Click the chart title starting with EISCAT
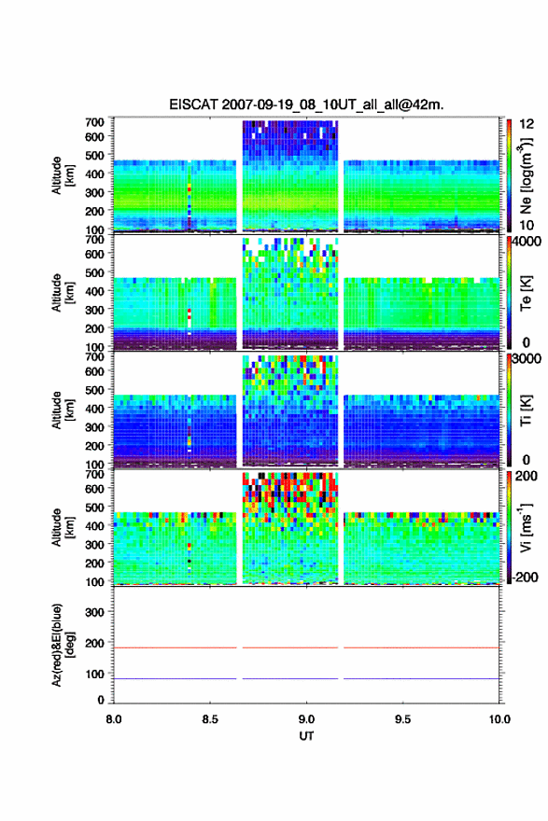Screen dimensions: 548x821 [x=306, y=104]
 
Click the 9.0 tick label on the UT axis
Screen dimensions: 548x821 [x=306, y=719]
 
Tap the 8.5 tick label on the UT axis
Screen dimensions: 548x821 [x=210, y=719]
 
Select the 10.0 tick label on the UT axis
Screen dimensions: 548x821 [x=499, y=719]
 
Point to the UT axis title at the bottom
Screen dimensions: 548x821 [x=306, y=736]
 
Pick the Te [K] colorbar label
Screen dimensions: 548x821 [x=526, y=293]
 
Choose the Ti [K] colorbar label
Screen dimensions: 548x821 [x=526, y=410]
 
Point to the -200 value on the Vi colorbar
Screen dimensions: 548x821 [x=523, y=577]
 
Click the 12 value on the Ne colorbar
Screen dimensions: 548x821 [x=527, y=124]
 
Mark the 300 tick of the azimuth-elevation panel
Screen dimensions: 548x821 [x=94, y=612]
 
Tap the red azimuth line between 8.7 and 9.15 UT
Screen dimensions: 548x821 [x=290, y=647]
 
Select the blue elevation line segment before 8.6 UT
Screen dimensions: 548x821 [x=175, y=678]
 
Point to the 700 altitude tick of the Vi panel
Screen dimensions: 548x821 [x=95, y=474]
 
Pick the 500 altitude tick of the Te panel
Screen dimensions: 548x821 [x=95, y=272]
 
